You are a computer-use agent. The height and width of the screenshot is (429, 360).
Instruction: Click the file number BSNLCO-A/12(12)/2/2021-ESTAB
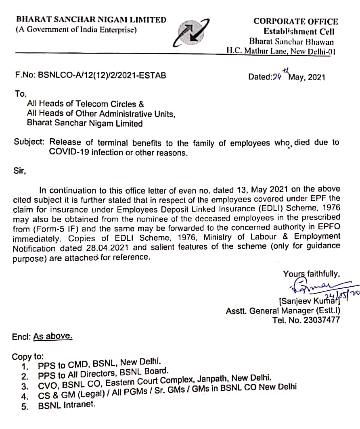90,75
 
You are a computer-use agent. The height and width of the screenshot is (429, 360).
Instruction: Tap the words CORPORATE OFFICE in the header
296,21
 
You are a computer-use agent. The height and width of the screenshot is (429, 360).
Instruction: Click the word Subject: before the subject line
30,142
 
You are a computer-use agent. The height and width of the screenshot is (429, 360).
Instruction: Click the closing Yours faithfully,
311,274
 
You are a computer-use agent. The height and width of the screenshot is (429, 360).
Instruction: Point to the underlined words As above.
53,336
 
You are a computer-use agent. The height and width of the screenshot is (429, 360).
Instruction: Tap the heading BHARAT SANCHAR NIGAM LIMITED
91,19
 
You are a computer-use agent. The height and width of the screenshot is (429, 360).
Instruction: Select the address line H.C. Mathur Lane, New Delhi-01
281,51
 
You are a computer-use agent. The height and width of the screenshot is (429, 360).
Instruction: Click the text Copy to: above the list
28,356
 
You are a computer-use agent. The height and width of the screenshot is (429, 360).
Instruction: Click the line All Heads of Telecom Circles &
85,104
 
